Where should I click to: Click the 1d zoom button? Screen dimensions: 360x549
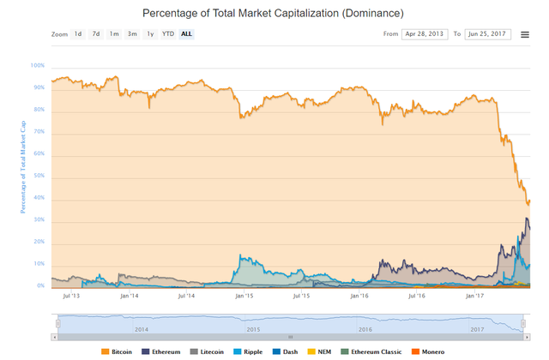78,34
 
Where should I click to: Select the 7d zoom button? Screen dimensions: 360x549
96,34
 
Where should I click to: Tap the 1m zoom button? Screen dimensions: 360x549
114,34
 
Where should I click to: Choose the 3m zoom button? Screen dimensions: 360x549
132,34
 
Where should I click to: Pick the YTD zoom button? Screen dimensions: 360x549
168,34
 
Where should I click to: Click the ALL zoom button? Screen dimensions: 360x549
186,34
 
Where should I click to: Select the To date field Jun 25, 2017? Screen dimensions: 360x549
487,34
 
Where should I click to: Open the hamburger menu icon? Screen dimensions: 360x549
525,35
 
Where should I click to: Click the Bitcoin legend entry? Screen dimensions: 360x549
121,351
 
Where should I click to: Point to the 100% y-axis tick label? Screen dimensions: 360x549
38,65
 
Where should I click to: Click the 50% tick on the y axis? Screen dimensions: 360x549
39,176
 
